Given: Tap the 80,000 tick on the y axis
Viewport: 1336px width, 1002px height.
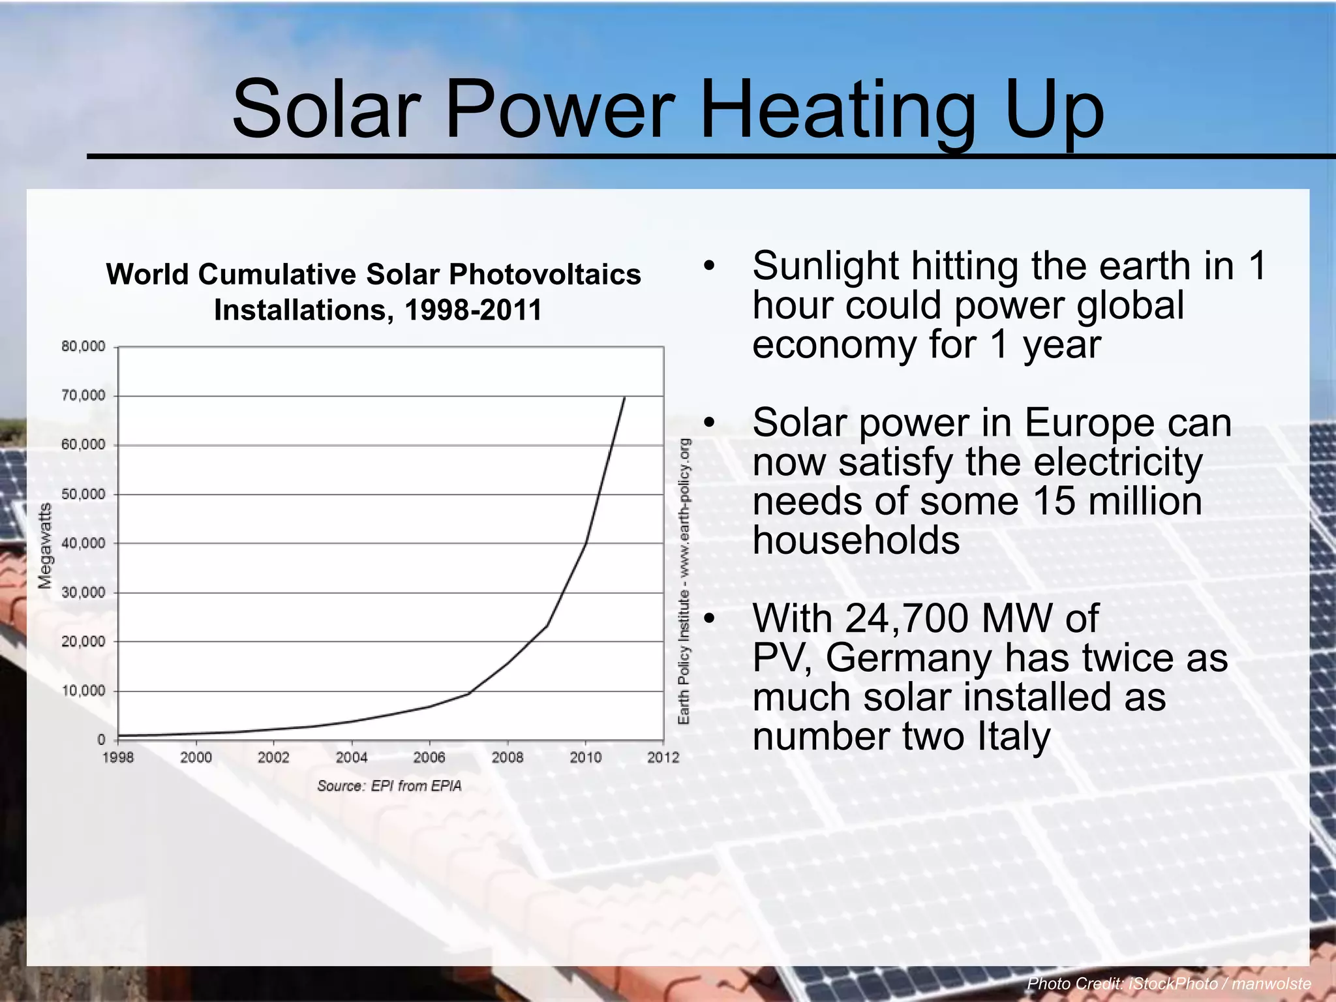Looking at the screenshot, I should pyautogui.click(x=83, y=346).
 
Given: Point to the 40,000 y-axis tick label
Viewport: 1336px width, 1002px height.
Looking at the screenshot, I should pyautogui.click(x=83, y=543).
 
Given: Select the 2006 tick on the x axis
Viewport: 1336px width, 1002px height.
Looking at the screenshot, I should pyautogui.click(x=429, y=757).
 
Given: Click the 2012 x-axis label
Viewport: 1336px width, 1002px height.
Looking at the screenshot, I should pyautogui.click(x=663, y=757).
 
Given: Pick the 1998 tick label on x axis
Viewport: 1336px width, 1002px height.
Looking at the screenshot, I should pyautogui.click(x=118, y=757).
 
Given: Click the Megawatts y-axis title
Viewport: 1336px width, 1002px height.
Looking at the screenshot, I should pyautogui.click(x=45, y=546).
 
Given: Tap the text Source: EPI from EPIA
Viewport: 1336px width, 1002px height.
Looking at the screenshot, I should pyautogui.click(x=389, y=786).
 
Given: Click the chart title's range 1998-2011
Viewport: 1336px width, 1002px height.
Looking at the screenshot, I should pyautogui.click(x=473, y=310).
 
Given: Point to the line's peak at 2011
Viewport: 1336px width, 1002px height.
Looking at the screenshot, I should pyautogui.click(x=624, y=397).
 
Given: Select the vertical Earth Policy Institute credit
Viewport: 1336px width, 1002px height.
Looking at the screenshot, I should pyautogui.click(x=684, y=581).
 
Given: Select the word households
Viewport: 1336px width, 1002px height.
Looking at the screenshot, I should pyautogui.click(x=856, y=540).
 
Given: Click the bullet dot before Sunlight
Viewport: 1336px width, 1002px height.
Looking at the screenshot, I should pyautogui.click(x=710, y=266).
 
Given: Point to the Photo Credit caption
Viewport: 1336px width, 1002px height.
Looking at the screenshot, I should pyautogui.click(x=1168, y=984).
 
